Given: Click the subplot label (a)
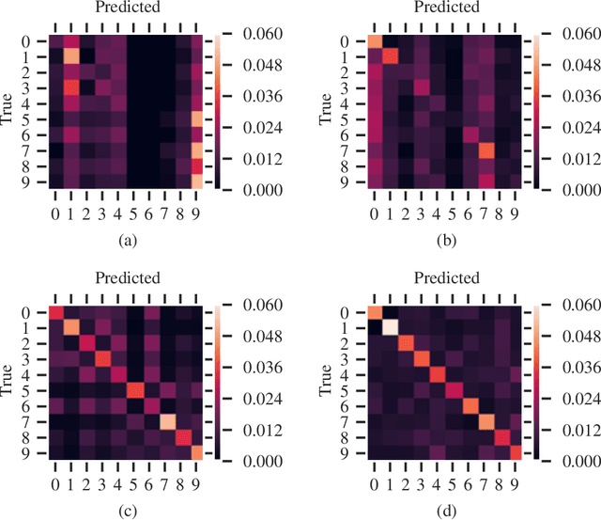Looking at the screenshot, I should [x=128, y=240].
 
